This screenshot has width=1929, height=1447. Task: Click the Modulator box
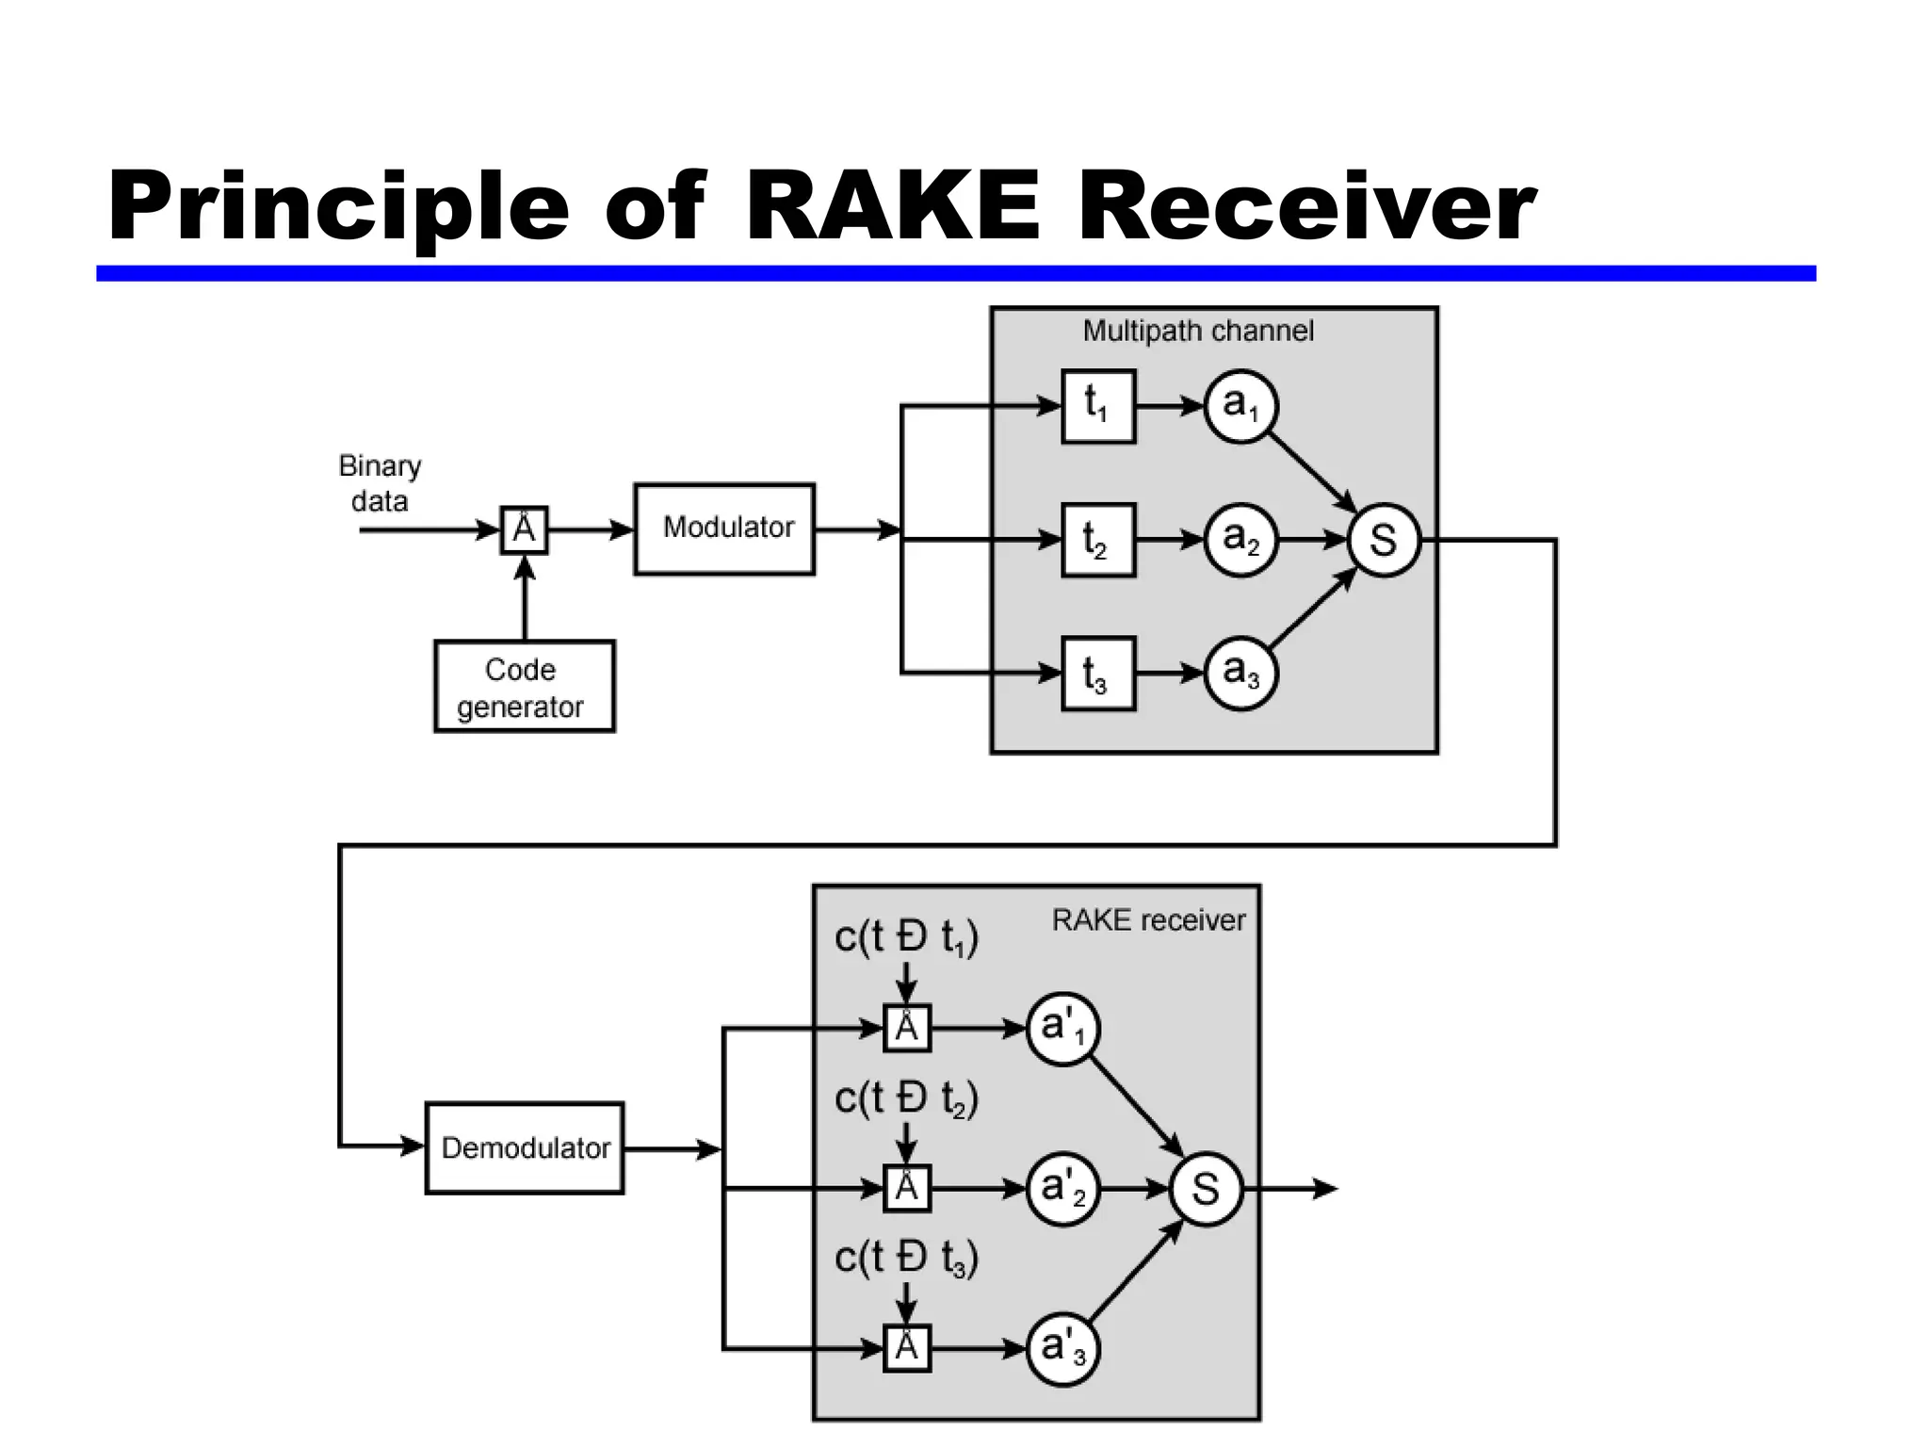723,528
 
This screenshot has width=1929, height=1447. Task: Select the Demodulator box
525,1147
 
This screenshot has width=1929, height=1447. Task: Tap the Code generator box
524,687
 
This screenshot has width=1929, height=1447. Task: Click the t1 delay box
1098,406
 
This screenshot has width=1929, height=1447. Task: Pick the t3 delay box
1098,673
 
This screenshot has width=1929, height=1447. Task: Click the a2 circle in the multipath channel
1240,539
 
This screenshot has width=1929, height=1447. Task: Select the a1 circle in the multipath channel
1240,406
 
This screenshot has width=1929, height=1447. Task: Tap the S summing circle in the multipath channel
1383,540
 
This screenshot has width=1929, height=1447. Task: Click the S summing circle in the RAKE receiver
1206,1189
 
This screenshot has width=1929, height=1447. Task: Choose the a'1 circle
1062,1029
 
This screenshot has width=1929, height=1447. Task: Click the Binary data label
380,483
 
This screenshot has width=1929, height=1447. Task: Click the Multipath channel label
1197,331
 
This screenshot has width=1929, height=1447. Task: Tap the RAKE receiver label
1147,919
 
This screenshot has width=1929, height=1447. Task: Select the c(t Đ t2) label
906,1098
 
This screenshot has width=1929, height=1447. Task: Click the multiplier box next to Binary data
524,529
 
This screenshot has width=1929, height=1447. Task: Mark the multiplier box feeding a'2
906,1188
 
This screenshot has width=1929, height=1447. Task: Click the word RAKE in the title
892,205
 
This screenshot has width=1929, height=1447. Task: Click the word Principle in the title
339,207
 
